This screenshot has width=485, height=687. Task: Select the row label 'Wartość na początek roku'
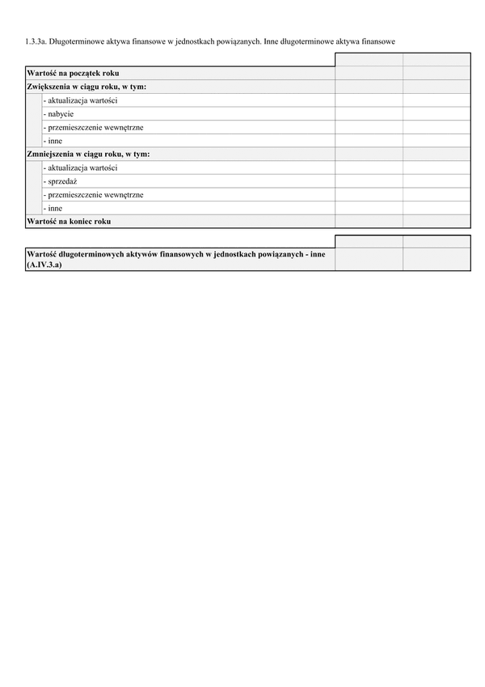pyautogui.click(x=73, y=73)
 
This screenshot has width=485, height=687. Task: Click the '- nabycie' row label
pyautogui.click(x=58, y=114)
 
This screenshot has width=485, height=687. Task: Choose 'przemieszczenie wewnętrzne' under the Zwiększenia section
pyautogui.click(x=93, y=127)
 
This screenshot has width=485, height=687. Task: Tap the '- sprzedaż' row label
pyautogui.click(x=60, y=181)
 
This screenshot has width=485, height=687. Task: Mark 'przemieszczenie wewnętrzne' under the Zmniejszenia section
pyautogui.click(x=93, y=194)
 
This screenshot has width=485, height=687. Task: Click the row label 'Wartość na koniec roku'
pyautogui.click(x=69, y=221)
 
